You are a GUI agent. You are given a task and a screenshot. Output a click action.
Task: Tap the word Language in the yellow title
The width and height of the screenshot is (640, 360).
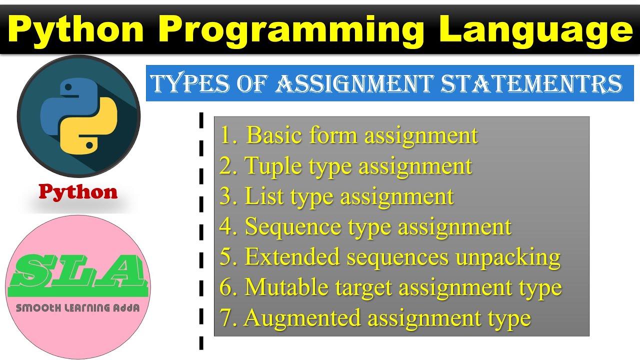point(536,30)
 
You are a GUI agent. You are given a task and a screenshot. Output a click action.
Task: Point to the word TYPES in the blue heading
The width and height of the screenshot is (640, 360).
point(187,84)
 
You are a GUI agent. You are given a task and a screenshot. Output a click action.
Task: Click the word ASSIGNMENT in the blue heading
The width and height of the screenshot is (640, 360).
point(353,84)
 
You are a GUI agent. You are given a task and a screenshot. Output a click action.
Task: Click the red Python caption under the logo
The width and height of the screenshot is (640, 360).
point(78,192)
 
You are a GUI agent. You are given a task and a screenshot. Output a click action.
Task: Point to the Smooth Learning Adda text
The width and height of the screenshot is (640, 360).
point(77,308)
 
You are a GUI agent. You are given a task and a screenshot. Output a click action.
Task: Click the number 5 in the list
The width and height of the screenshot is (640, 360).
point(226,258)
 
